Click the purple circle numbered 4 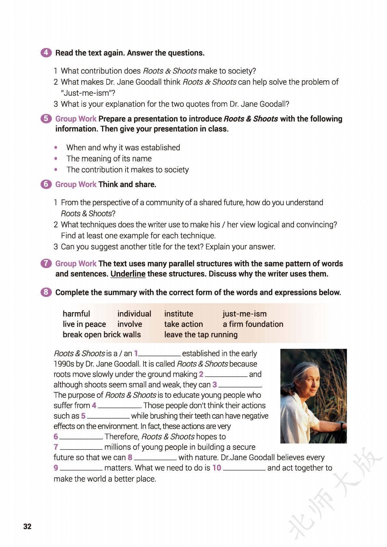(46, 53)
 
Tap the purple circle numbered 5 (46, 119)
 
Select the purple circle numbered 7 (46, 263)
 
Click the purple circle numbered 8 (46, 292)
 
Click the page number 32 (27, 527)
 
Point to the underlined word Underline (128, 274)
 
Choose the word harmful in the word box (76, 314)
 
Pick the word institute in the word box (179, 314)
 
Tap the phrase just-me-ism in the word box (245, 314)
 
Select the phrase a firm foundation (253, 324)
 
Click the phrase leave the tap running (201, 335)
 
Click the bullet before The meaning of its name (56, 159)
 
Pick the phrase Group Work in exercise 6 (76, 184)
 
